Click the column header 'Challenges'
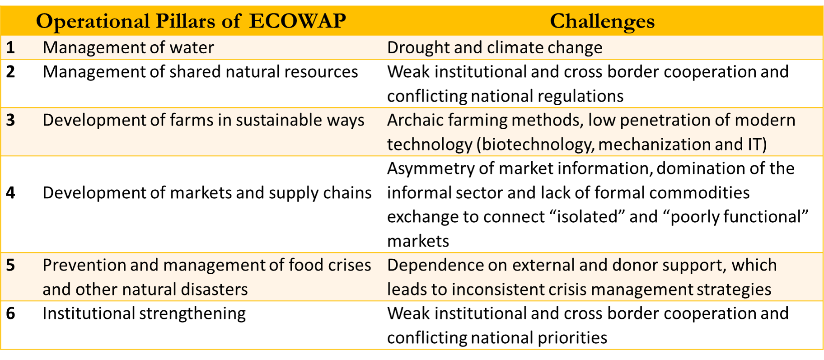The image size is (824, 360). [602, 21]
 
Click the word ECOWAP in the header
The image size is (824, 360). [297, 21]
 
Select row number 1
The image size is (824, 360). [10, 47]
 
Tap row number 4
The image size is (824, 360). [10, 193]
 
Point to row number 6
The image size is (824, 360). [10, 313]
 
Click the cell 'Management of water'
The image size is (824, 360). [128, 48]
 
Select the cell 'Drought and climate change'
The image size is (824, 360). [495, 48]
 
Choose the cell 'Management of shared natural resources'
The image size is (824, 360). [200, 72]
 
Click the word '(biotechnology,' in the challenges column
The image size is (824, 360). [535, 145]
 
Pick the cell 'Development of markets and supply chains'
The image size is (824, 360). [207, 193]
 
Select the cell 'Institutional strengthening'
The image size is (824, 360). [144, 314]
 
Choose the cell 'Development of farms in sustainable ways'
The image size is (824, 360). [203, 121]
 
